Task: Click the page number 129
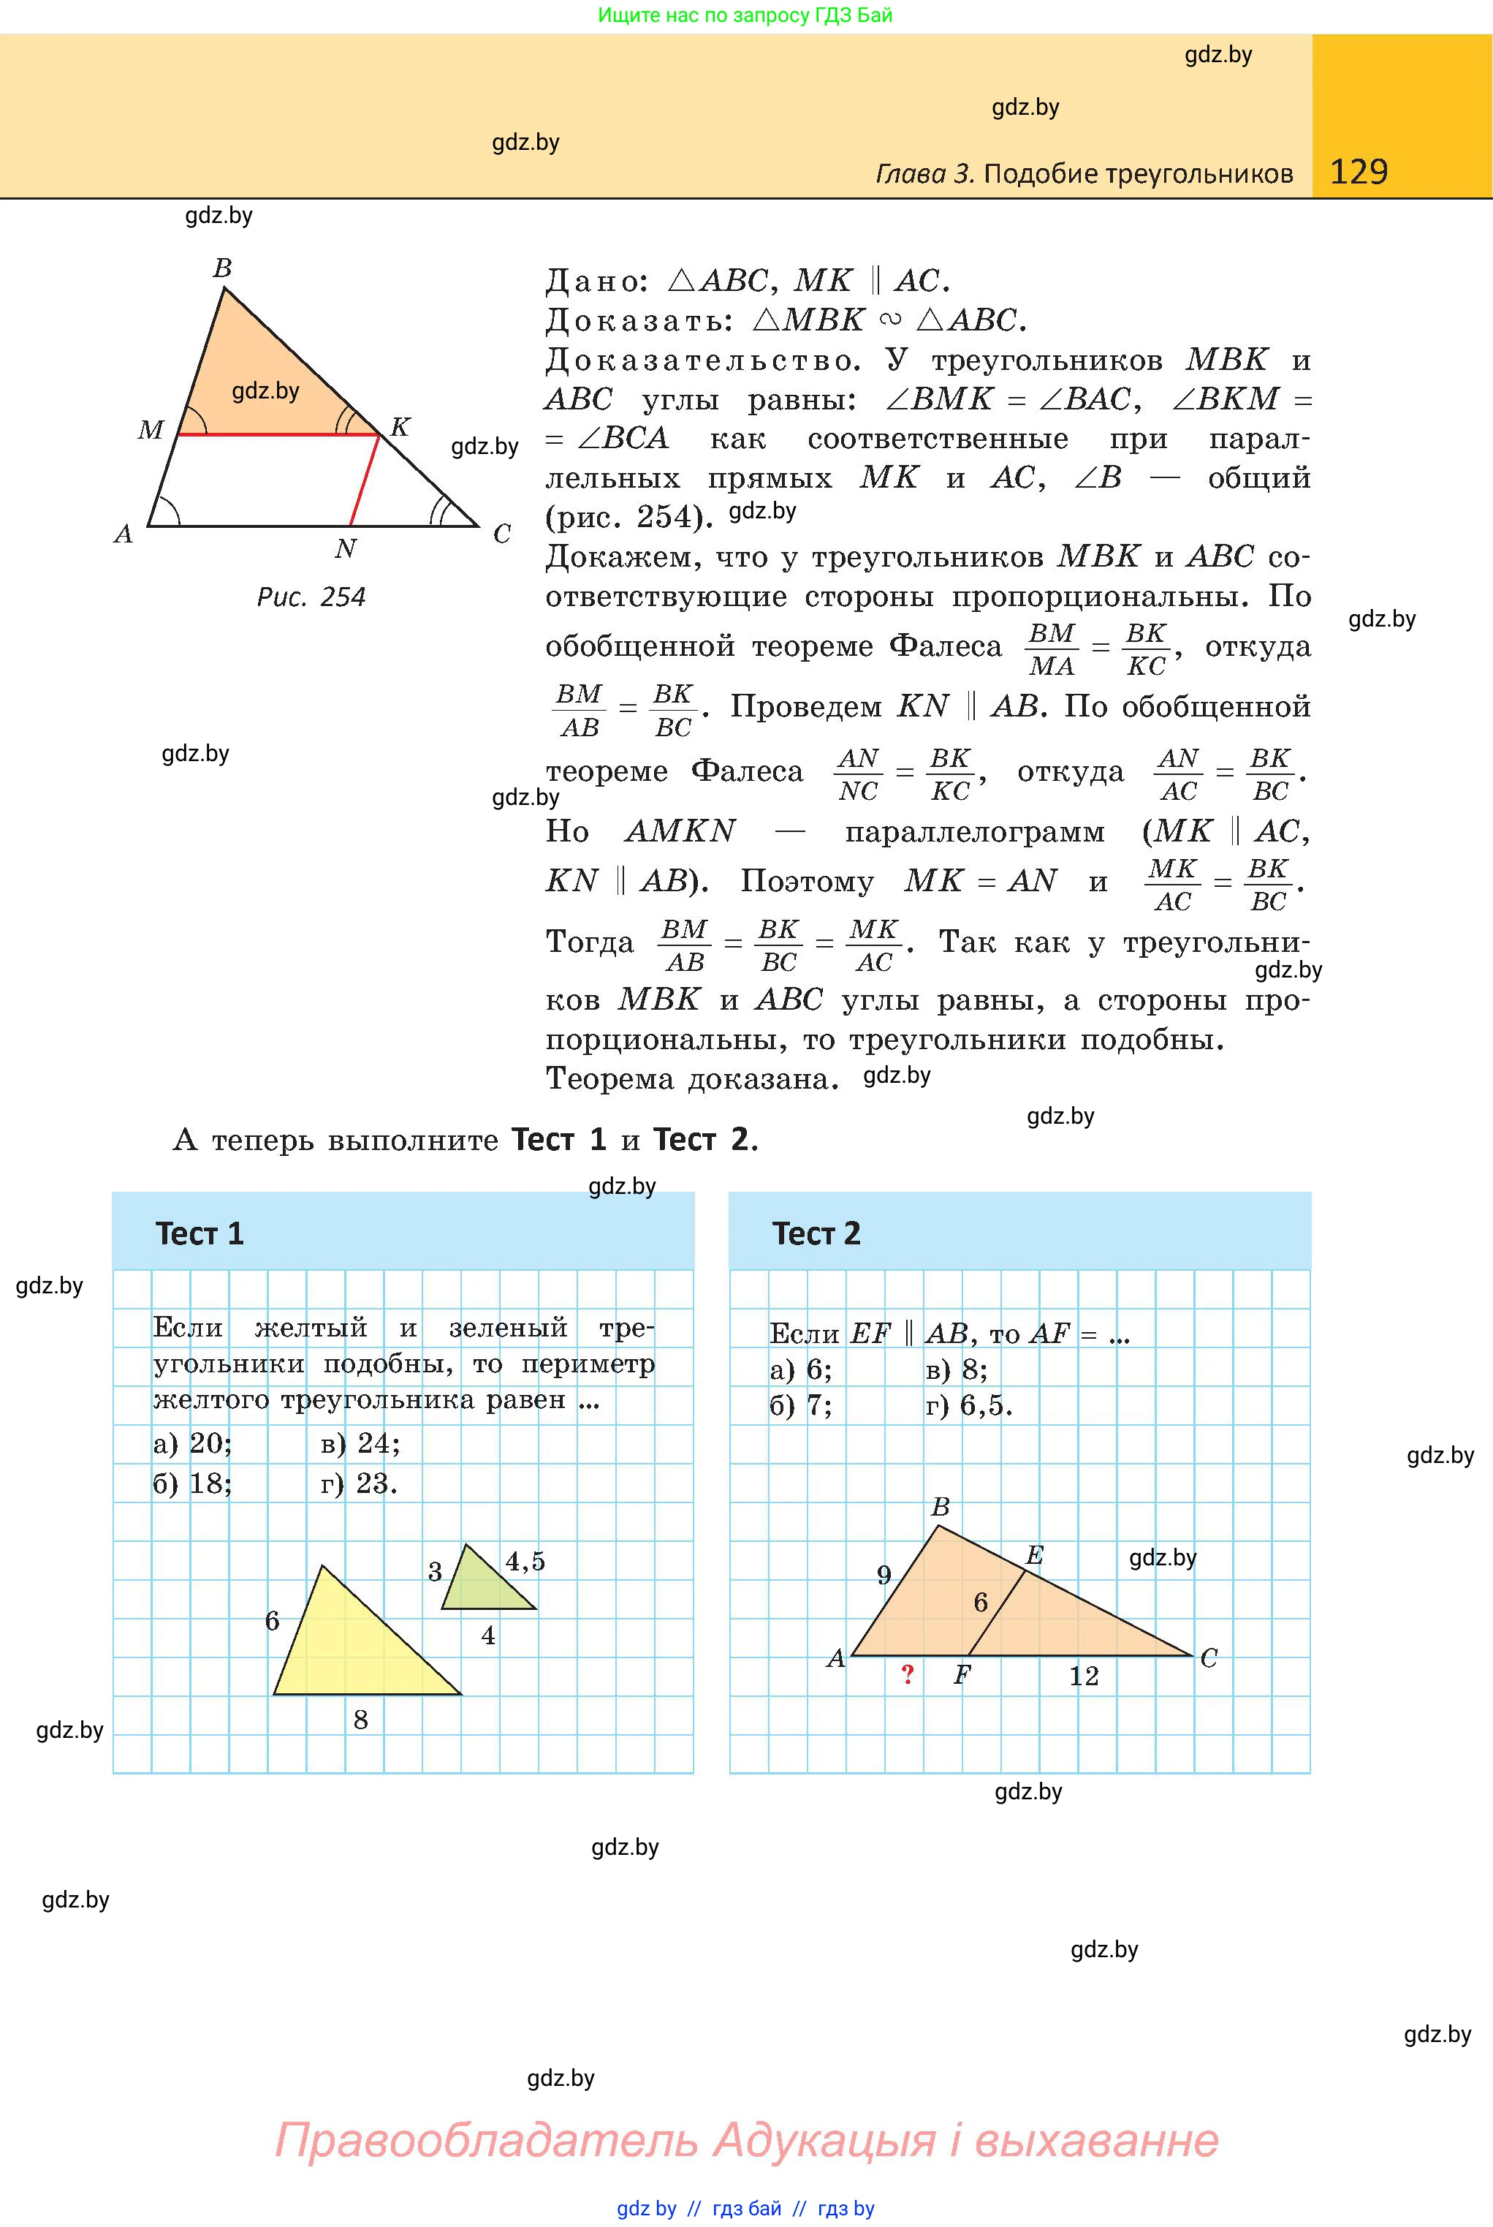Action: [x=1358, y=172]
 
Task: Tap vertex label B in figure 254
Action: [x=222, y=268]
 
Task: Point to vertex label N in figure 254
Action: [x=345, y=548]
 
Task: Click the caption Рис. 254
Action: [x=311, y=597]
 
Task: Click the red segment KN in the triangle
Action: [x=365, y=479]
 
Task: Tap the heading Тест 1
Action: [x=200, y=1233]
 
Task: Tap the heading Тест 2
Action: [x=816, y=1233]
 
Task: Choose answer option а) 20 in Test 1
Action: [x=192, y=1444]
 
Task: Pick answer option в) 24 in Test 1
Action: [x=360, y=1444]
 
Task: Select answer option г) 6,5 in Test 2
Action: [x=968, y=1406]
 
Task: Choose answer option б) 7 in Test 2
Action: [x=801, y=1406]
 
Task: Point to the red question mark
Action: [x=908, y=1674]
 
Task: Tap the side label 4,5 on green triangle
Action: [x=525, y=1561]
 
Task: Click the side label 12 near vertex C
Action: [x=1084, y=1676]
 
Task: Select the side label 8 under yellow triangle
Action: [x=361, y=1720]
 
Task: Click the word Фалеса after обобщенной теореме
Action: [x=945, y=647]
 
